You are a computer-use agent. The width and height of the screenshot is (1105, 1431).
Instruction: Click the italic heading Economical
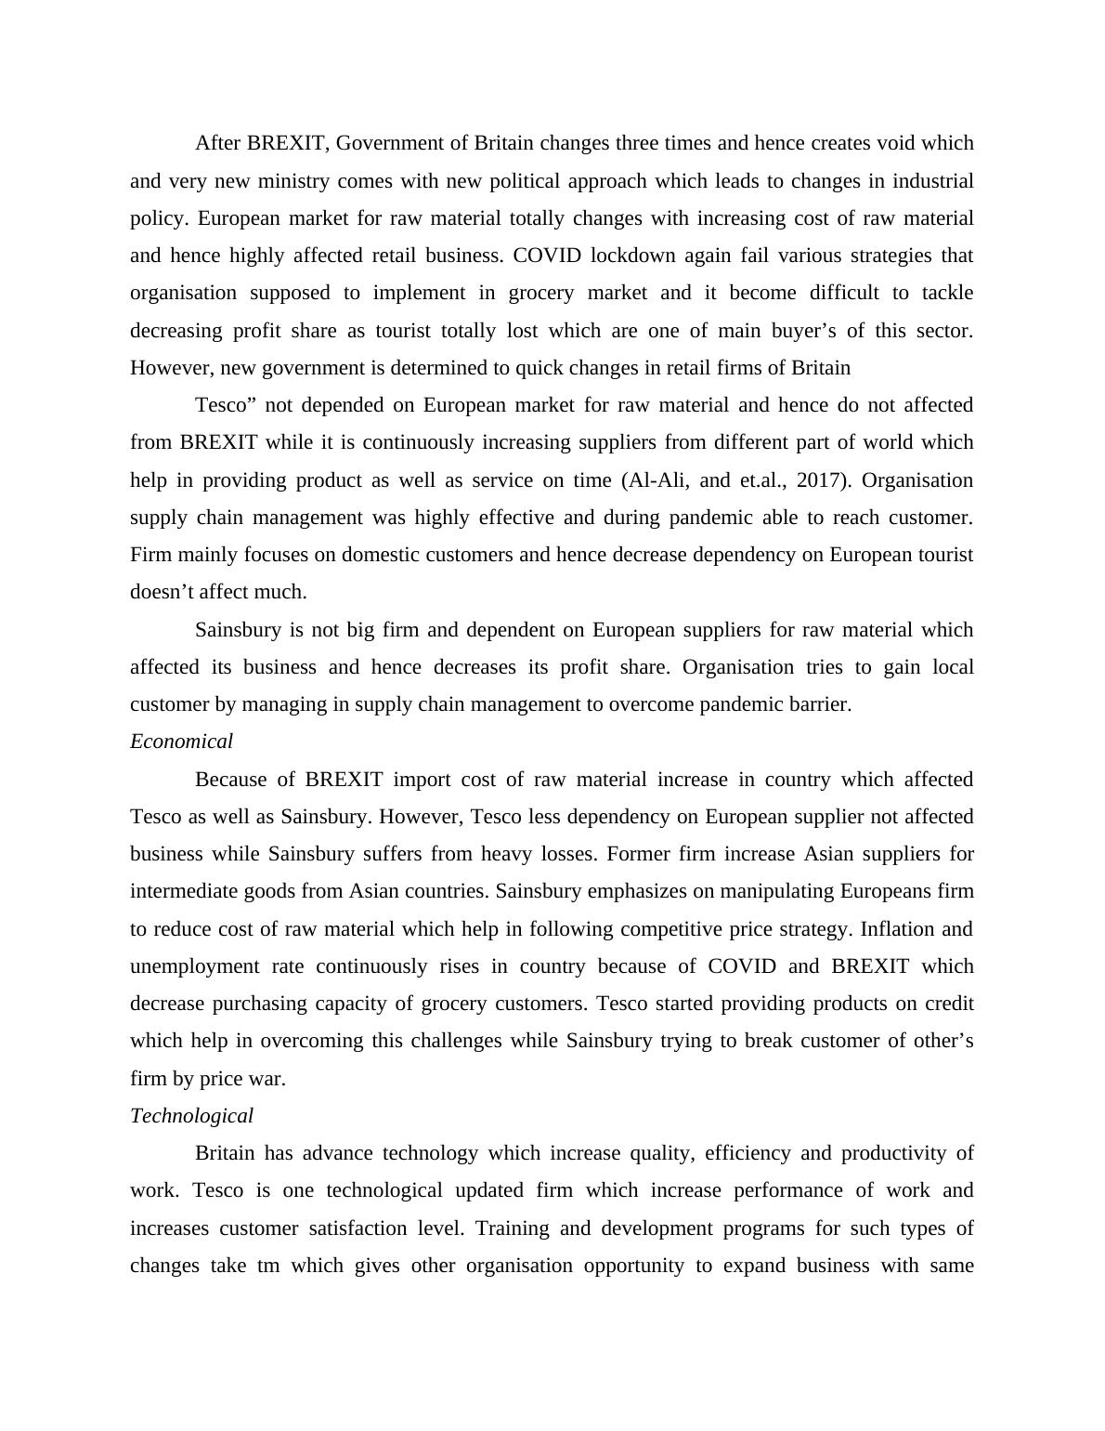click(181, 742)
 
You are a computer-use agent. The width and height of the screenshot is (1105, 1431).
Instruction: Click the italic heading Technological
click(191, 1116)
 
